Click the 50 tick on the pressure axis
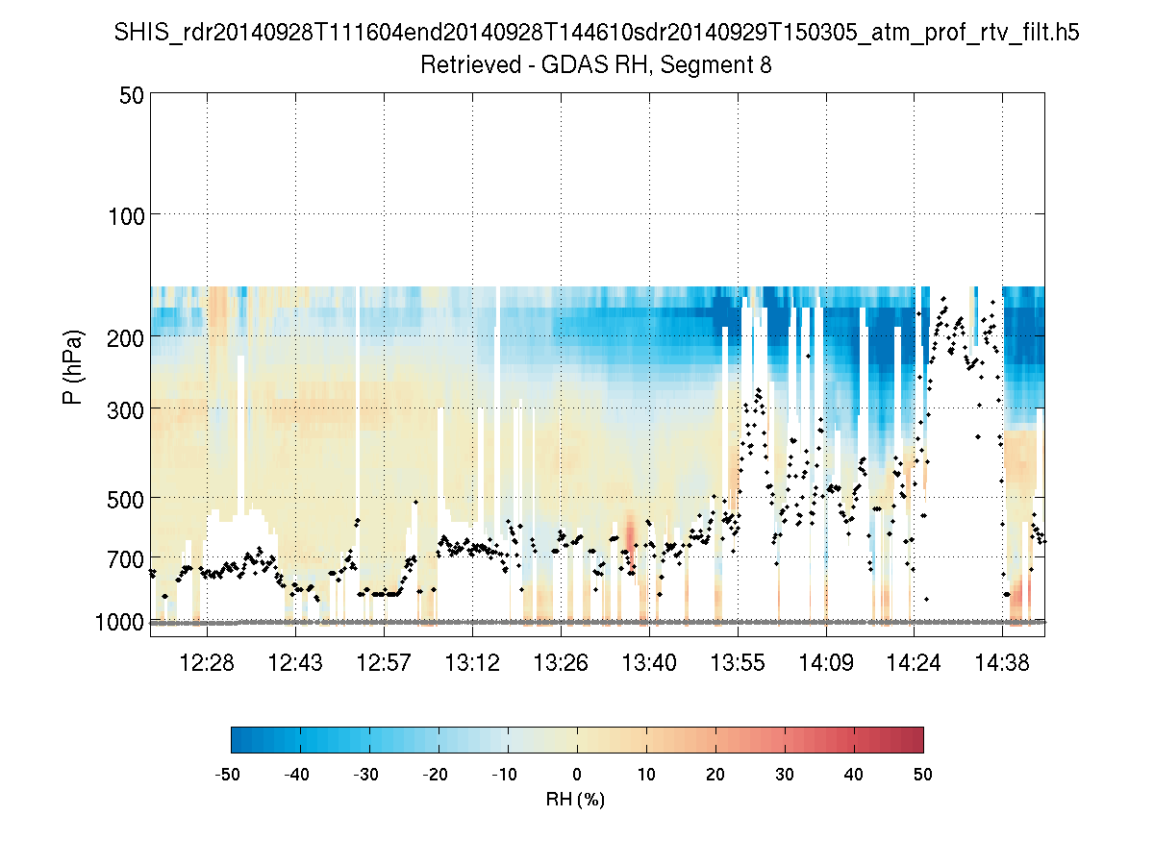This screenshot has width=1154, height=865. (x=132, y=95)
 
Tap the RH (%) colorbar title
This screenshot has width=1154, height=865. (x=575, y=799)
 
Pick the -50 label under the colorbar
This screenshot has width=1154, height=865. (x=230, y=774)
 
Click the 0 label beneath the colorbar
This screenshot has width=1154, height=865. (x=577, y=774)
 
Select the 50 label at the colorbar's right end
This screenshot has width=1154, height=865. (x=923, y=774)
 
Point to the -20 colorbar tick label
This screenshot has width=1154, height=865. (x=437, y=774)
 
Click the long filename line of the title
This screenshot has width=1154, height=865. (x=596, y=34)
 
